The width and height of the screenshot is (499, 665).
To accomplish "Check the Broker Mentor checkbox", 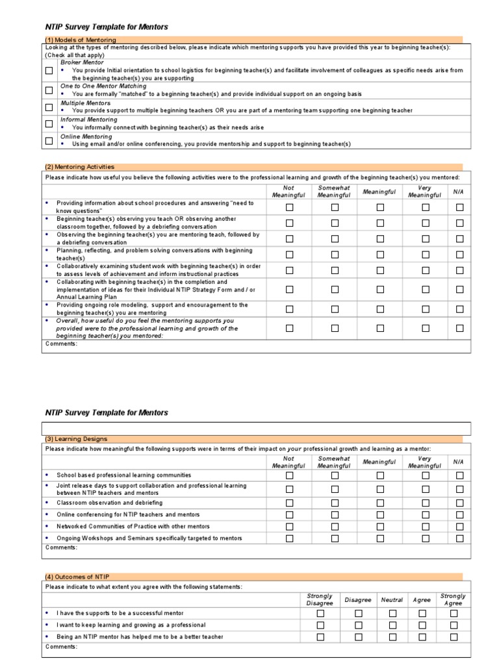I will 49,71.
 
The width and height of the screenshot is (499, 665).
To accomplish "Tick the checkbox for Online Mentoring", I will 49,140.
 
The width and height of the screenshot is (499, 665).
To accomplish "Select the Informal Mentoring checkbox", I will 49,123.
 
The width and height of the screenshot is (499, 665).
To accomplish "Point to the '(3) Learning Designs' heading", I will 77,439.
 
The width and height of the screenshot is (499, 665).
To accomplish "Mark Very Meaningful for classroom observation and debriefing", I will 425,503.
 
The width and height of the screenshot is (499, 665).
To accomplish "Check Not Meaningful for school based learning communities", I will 290,475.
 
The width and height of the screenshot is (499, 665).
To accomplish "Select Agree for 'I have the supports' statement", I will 422,613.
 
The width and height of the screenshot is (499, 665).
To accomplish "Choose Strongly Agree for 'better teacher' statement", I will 454,637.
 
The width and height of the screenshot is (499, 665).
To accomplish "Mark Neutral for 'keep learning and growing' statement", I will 392,625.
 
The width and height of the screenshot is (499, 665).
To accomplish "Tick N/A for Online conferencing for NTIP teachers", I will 460,514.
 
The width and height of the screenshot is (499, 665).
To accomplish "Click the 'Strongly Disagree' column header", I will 319,599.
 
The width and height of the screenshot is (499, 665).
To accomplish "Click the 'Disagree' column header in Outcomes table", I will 357,600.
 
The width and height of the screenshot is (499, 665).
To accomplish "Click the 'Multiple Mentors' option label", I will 86,103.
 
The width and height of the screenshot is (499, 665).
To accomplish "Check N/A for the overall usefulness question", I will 460,329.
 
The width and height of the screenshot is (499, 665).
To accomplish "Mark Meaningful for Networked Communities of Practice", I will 380,526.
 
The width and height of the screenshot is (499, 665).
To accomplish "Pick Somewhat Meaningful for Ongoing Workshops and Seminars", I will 335,538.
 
